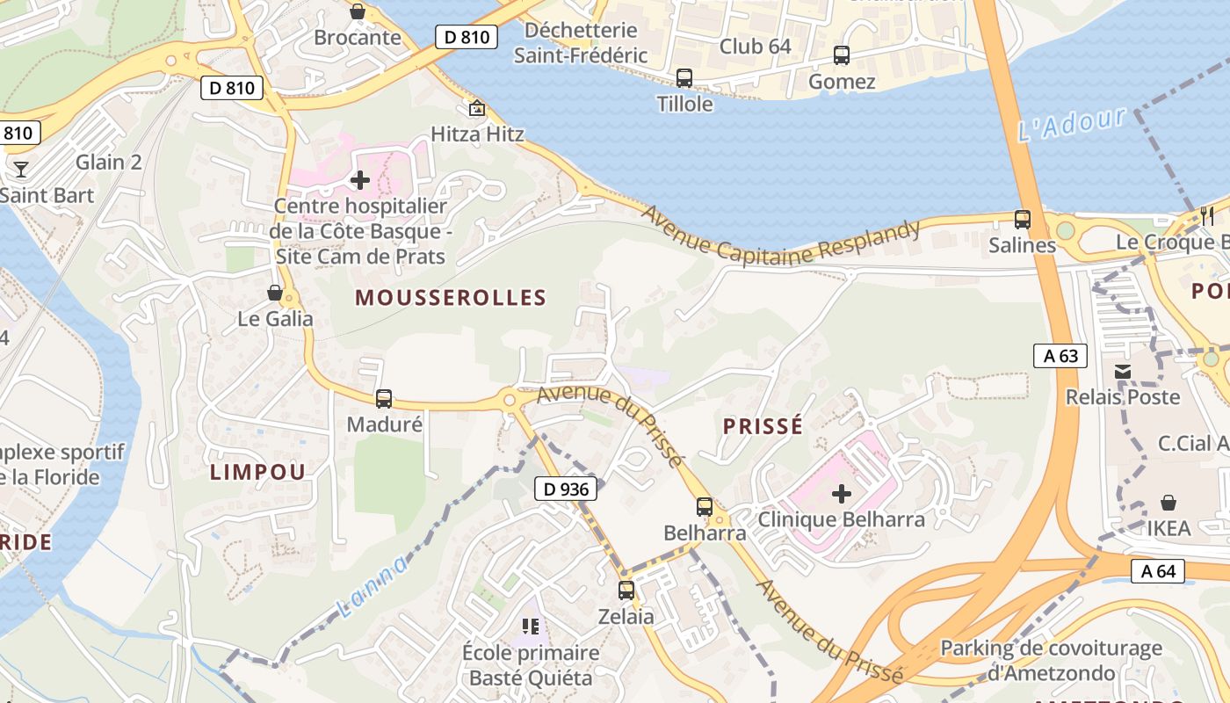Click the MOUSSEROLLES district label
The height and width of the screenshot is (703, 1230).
(451, 298)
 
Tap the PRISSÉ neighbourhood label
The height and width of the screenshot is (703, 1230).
(763, 426)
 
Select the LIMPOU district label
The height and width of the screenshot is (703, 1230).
(257, 472)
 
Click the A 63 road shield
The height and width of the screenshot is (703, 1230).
(1060, 356)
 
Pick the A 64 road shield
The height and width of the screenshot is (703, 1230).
(1158, 571)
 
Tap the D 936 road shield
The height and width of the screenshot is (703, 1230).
(566, 489)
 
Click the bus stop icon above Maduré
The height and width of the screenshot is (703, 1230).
(384, 399)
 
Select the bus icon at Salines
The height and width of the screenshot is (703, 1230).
(1022, 219)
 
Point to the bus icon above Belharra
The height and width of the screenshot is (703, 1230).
(705, 506)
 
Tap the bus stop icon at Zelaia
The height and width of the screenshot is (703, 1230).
(626, 590)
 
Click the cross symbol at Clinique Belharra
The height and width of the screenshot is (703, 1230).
(842, 494)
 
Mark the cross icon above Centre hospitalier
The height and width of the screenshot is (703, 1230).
(360, 180)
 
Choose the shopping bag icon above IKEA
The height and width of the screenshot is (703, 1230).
(1168, 503)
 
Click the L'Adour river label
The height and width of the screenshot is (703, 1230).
(1071, 125)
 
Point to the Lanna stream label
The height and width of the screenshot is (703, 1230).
(373, 586)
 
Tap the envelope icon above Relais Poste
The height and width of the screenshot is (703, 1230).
(1123, 371)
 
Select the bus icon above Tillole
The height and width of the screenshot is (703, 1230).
(684, 78)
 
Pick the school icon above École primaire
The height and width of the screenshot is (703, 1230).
(531, 626)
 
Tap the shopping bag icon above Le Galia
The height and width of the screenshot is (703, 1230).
(275, 293)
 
